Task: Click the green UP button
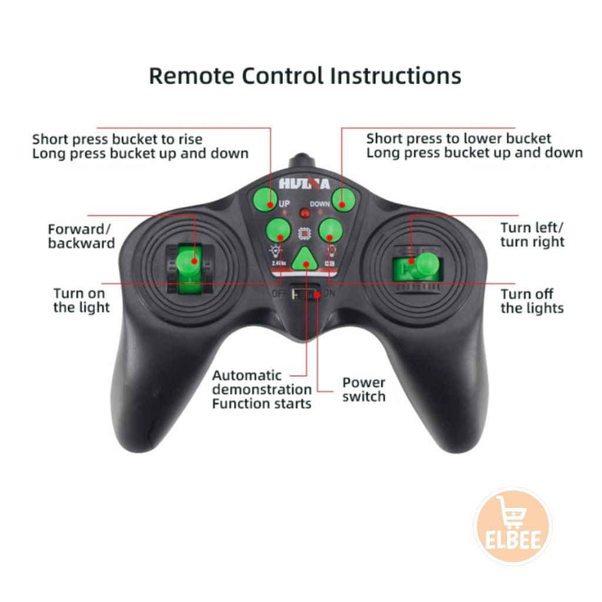pos(266,199)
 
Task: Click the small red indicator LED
pos(305,213)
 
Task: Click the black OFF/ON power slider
pos(306,292)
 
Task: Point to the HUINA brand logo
pos(305,183)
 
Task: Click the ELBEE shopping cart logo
pos(512,526)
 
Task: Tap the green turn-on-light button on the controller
pos(278,230)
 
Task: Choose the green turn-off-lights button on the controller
pos(330,230)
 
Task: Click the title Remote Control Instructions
pos(305,76)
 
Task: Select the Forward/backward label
pos(81,236)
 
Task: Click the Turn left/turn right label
pos(532,235)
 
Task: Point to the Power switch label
pos(364,389)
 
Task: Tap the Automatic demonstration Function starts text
pos(262,389)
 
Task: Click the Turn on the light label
pos(81,300)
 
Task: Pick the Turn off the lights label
pos(531,301)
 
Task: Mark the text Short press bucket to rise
pos(117,139)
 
